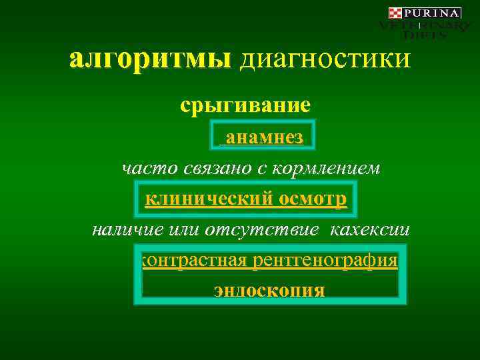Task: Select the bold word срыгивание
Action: click(245, 105)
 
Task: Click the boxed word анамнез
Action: click(265, 137)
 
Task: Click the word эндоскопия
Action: click(269, 291)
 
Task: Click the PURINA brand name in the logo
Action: click(433, 13)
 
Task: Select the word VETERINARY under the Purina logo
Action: click(425, 25)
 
